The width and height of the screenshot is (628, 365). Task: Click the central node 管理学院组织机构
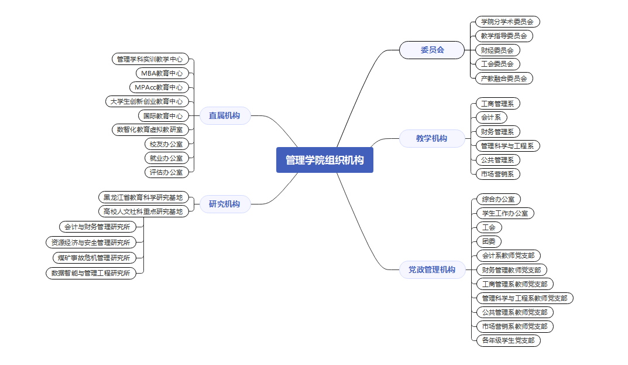pyautogui.click(x=324, y=160)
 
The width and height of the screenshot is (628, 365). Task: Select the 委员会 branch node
pyautogui.click(x=432, y=50)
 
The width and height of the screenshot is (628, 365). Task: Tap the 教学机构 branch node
pyautogui.click(x=431, y=138)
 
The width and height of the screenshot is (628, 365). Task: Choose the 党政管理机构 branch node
pyautogui.click(x=431, y=270)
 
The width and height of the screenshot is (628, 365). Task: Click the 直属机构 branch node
pyautogui.click(x=224, y=115)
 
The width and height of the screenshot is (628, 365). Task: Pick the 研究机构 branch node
pyautogui.click(x=224, y=204)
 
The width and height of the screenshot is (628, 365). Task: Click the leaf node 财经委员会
pyautogui.click(x=497, y=50)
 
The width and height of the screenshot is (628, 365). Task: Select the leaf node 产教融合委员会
pyautogui.click(x=503, y=78)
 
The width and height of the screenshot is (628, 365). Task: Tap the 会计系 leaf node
pyautogui.click(x=490, y=117)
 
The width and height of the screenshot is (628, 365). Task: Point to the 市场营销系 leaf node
pyautogui.click(x=497, y=173)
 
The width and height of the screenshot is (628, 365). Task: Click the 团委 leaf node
pyautogui.click(x=488, y=241)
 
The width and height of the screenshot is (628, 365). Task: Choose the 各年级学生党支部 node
pyautogui.click(x=507, y=340)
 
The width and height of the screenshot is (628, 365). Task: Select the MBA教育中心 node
pyautogui.click(x=162, y=73)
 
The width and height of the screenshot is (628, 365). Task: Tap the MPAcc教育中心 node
pyautogui.click(x=159, y=87)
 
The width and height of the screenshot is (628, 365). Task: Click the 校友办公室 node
pyautogui.click(x=166, y=144)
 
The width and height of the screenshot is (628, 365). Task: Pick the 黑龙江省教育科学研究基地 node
pyautogui.click(x=143, y=197)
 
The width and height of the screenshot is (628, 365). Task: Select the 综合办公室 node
pyautogui.click(x=497, y=199)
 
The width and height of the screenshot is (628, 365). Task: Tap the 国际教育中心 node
pyautogui.click(x=163, y=115)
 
